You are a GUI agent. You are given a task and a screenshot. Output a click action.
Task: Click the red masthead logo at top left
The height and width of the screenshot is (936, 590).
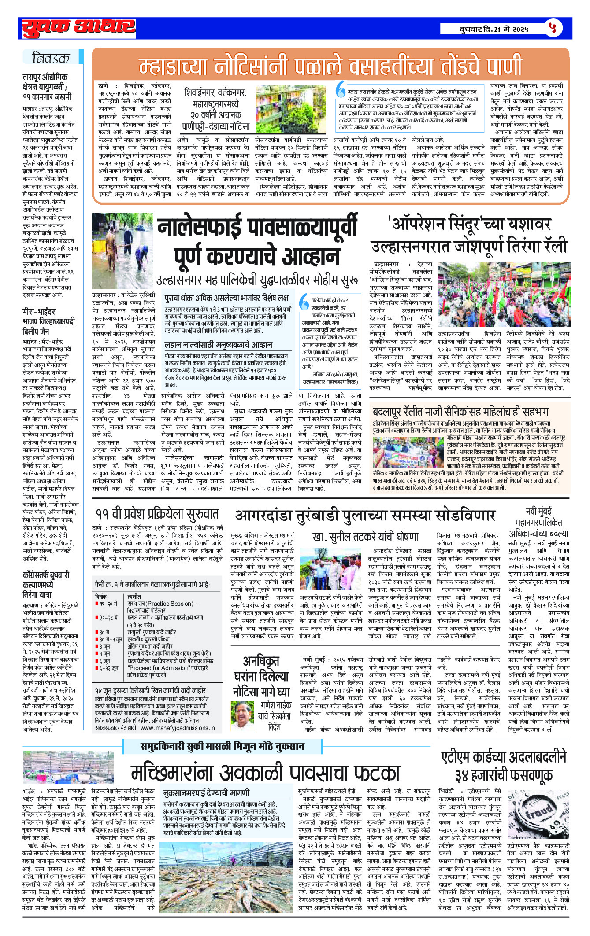tap(79, 28)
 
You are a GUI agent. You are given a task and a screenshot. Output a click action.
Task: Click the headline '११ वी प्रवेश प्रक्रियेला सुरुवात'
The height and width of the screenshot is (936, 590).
tap(157, 514)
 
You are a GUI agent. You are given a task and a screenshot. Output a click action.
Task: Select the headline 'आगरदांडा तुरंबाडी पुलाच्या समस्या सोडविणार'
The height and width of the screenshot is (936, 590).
tap(365, 516)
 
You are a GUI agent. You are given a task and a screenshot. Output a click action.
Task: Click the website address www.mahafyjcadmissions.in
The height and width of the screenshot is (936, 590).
tap(178, 727)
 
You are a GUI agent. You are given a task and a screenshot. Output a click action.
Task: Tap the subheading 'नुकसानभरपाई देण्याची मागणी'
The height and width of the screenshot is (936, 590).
tap(206, 793)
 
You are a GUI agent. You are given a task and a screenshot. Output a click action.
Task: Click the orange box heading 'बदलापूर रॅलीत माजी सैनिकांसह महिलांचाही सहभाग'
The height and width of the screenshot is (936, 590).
tap(460, 412)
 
